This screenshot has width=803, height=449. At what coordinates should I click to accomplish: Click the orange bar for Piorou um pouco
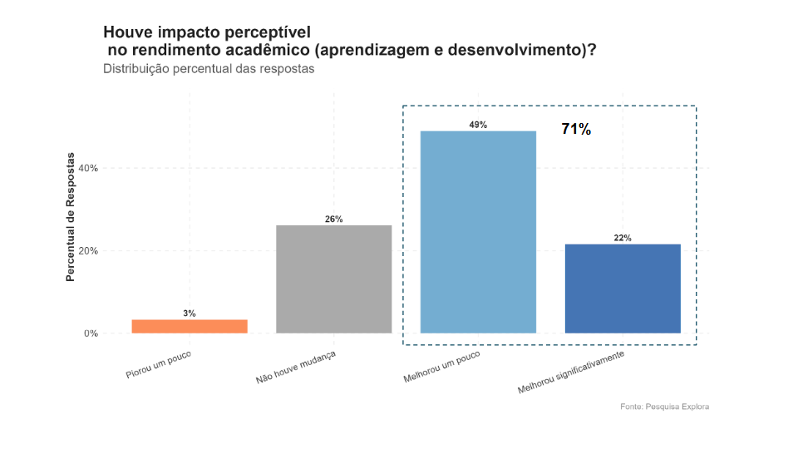click(x=190, y=326)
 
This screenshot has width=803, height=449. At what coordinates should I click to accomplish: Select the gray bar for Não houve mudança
click(x=333, y=279)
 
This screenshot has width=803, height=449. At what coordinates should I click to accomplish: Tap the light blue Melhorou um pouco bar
click(x=478, y=232)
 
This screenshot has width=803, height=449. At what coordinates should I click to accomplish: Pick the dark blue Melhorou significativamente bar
click(x=623, y=289)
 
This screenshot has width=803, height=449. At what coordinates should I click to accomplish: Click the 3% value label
click(x=190, y=313)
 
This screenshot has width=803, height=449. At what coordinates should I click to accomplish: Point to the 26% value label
click(x=333, y=220)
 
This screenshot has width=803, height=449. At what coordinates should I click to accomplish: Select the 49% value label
click(x=478, y=125)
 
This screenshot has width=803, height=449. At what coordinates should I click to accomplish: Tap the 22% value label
click(x=623, y=238)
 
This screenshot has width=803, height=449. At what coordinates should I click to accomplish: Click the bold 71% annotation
click(x=576, y=129)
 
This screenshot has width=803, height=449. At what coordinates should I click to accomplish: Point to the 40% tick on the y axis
click(x=87, y=168)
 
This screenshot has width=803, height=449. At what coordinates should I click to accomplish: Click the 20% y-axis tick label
click(x=87, y=251)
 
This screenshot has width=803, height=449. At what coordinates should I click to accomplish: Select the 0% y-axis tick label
click(x=90, y=334)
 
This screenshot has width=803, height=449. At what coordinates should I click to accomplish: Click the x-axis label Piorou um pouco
click(x=159, y=364)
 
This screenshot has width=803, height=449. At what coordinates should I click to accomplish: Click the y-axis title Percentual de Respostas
click(x=71, y=216)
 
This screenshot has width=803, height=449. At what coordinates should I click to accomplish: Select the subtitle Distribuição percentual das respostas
click(x=209, y=69)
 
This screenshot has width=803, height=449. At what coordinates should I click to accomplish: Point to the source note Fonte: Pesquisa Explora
click(x=664, y=407)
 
